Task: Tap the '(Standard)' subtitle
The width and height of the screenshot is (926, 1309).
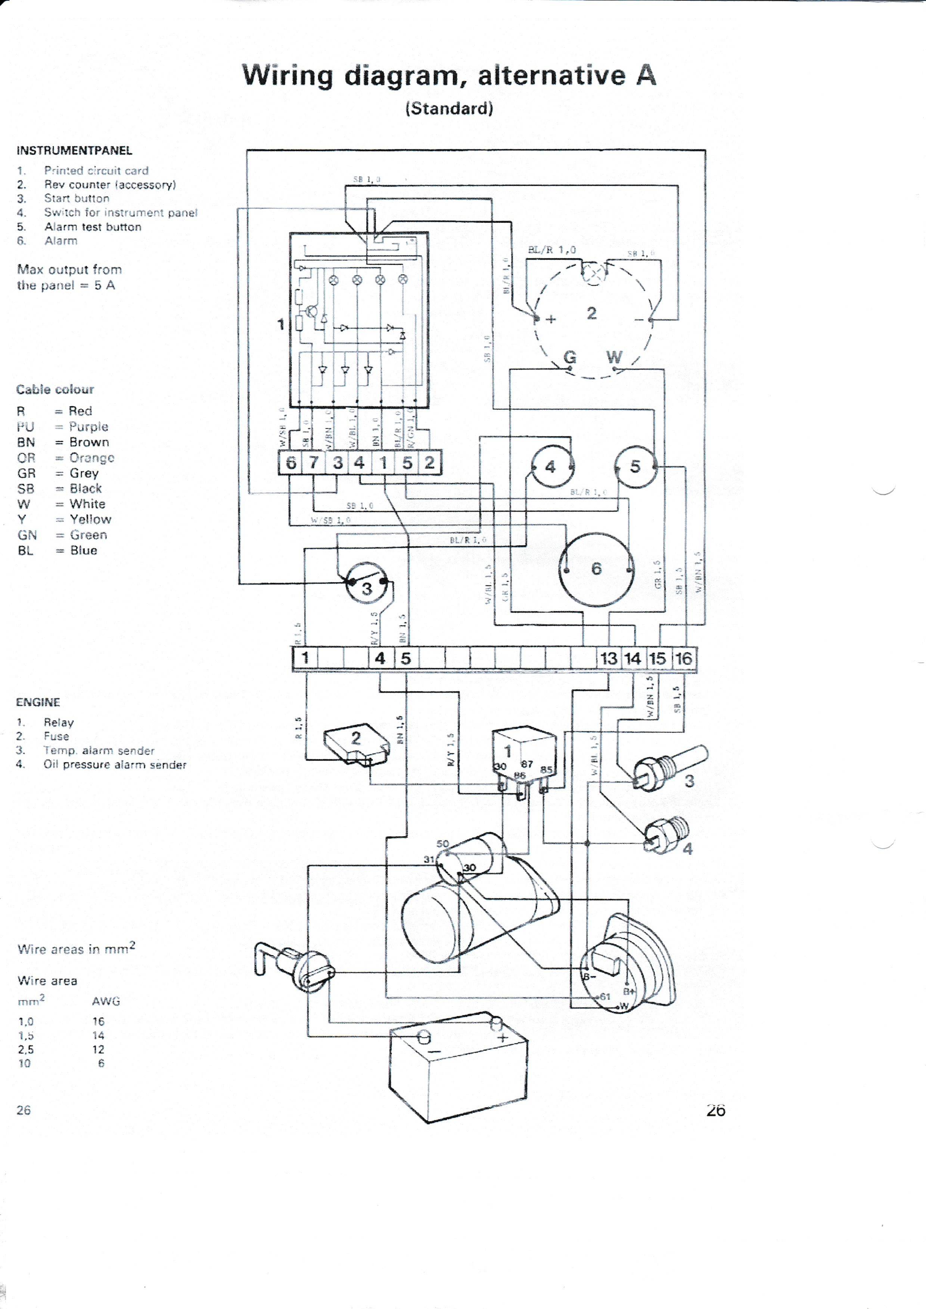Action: [449, 108]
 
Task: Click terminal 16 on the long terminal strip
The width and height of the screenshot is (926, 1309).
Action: [683, 658]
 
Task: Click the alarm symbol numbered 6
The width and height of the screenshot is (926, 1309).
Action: [596, 568]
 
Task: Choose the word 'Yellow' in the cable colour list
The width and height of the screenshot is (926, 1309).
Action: [90, 519]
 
